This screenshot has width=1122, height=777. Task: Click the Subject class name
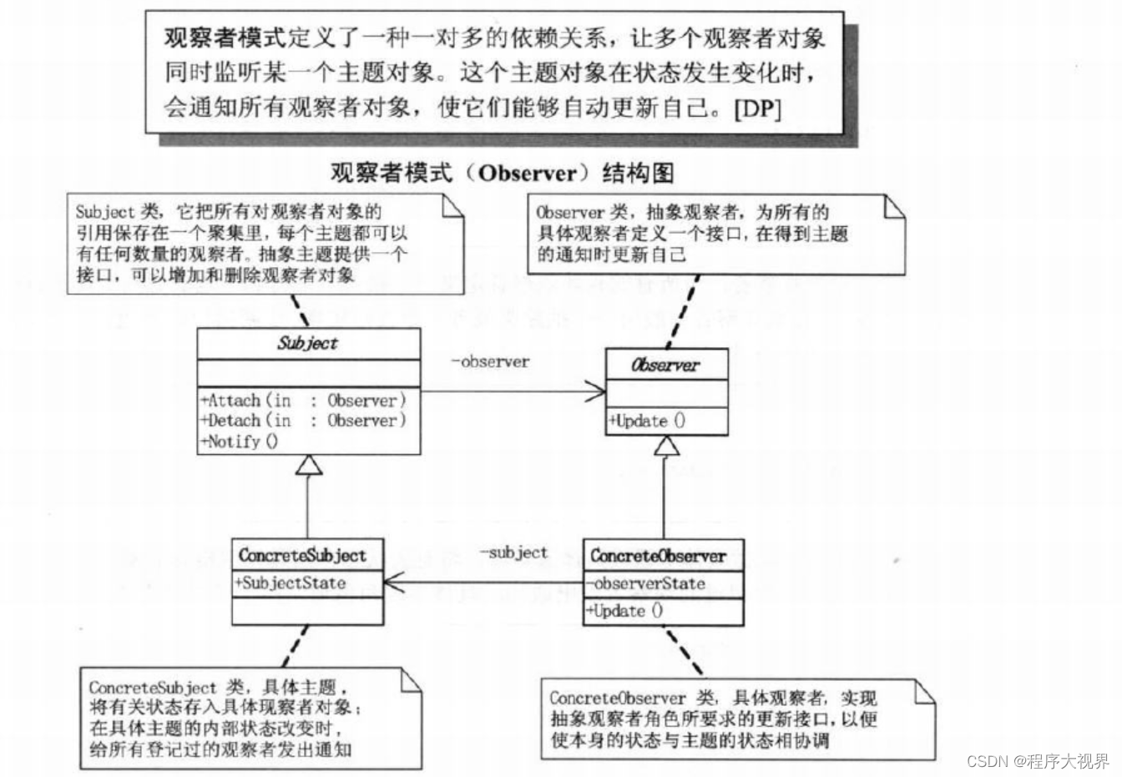tap(307, 343)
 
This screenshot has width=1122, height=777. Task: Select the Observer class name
tap(665, 365)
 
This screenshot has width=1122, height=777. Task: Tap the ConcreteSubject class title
tap(302, 555)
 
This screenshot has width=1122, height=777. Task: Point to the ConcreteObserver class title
tap(658, 555)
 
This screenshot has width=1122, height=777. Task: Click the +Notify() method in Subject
tap(240, 441)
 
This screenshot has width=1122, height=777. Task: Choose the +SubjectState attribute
tap(291, 583)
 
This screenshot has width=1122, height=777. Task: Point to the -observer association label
tap(489, 361)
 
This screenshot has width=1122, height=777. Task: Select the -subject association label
tap(513, 552)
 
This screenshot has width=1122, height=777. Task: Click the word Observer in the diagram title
tap(528, 173)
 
